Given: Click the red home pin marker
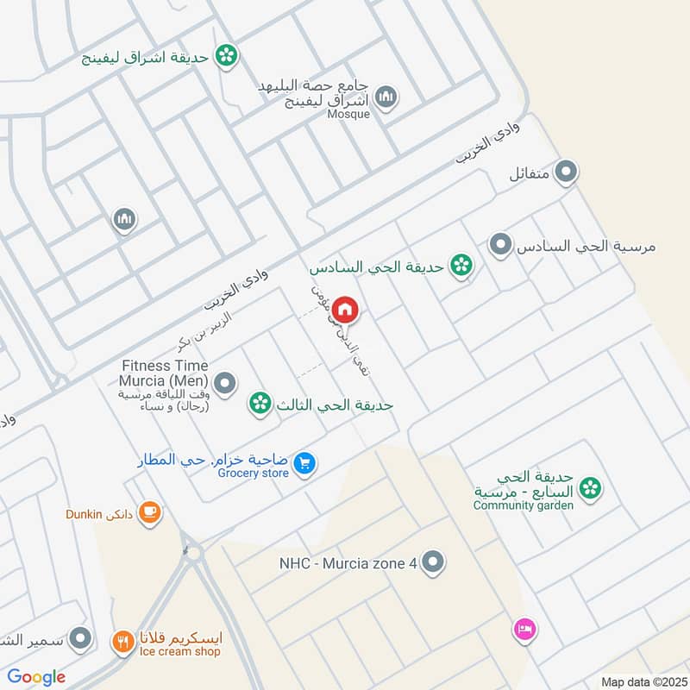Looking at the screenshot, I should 345,309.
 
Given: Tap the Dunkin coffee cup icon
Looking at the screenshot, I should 149,512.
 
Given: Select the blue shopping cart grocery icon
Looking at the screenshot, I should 303,464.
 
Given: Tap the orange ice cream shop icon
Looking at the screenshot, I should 122,641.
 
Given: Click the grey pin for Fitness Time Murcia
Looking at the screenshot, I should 224,383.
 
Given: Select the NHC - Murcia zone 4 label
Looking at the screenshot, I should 348,563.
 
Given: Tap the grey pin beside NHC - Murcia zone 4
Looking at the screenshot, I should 435,562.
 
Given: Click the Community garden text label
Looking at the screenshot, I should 523,505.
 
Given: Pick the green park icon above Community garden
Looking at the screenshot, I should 590,489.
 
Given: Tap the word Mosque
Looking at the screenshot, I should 348,114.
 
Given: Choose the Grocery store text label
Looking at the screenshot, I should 253,473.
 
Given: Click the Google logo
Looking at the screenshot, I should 37,677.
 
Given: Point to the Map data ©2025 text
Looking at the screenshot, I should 642,681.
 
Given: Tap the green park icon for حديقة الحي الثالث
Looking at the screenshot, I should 258,402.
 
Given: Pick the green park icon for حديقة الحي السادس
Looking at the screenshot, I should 461,266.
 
